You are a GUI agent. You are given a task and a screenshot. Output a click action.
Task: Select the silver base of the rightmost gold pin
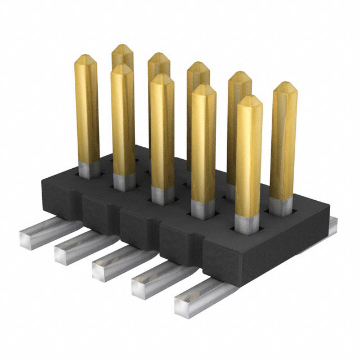[280, 205]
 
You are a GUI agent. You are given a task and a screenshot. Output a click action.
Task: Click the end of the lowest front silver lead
[186, 304]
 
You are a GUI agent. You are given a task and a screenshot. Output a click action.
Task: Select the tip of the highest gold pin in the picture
[122, 48]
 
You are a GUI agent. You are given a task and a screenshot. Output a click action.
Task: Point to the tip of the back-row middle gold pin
[197, 65]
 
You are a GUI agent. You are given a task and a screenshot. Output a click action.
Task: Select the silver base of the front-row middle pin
[163, 195]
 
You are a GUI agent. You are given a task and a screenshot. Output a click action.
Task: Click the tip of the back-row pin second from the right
[240, 76]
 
